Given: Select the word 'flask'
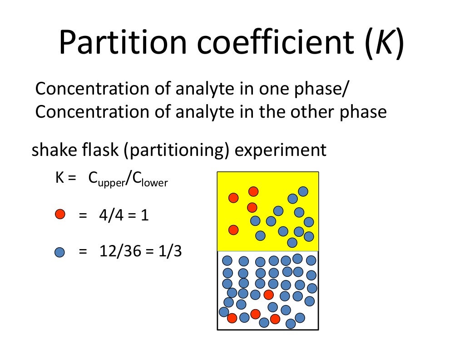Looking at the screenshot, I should [x=99, y=150].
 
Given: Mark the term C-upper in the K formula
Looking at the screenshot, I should [x=104, y=180].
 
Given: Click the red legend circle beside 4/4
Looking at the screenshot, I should [x=60, y=214].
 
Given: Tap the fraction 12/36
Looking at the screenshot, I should [x=120, y=251].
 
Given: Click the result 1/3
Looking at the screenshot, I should [x=169, y=251].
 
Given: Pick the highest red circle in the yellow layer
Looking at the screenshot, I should [x=253, y=191].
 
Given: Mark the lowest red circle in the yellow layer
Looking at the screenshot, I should [x=233, y=230].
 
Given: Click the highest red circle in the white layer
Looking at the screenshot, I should [x=269, y=295].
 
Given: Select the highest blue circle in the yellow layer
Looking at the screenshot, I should [x=303, y=191].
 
